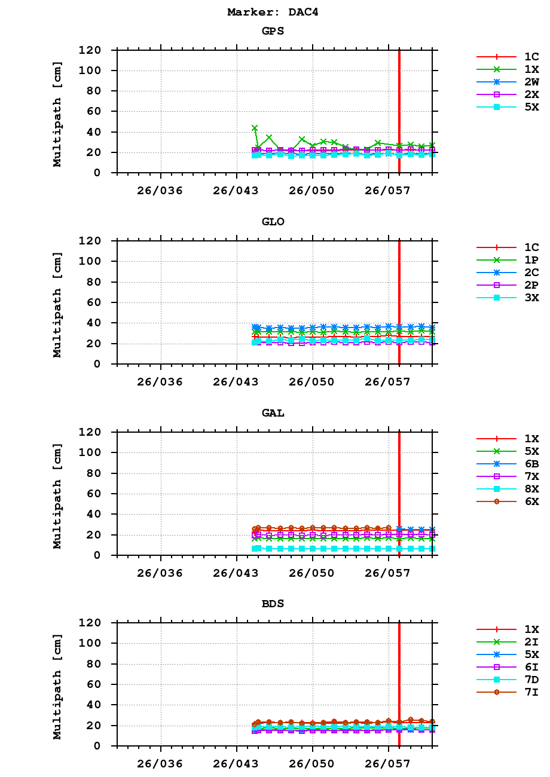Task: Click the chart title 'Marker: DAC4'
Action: (x=273, y=12)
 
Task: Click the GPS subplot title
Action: (x=273, y=31)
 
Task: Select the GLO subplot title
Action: (x=273, y=222)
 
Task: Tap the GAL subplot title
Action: (x=273, y=413)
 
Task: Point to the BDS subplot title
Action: (x=273, y=604)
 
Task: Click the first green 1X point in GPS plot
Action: (x=255, y=128)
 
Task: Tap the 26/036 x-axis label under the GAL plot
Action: (x=160, y=573)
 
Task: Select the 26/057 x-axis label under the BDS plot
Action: (x=388, y=764)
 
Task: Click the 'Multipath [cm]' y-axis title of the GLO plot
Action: (x=57, y=302)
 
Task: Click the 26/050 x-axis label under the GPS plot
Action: (x=311, y=191)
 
